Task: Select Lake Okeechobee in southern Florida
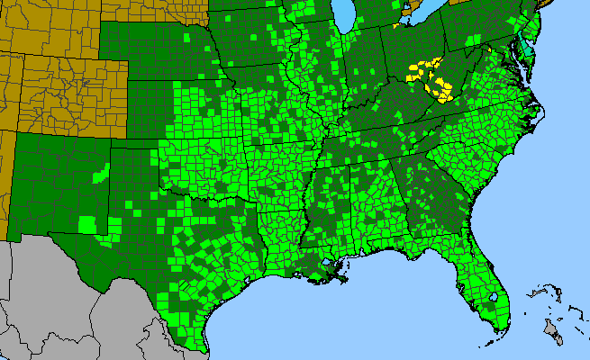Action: coord(494,297)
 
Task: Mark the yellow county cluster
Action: coord(431,76)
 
